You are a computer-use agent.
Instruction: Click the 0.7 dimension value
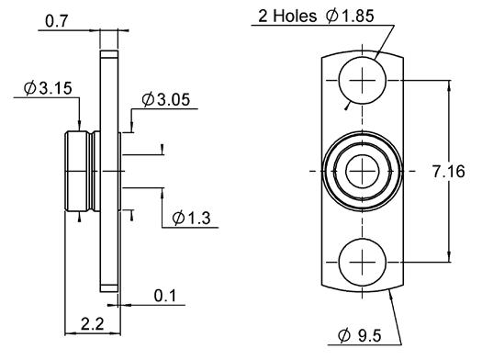click(56, 21)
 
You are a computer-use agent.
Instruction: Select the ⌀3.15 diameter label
click(48, 88)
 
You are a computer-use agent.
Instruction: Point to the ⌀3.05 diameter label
click(166, 99)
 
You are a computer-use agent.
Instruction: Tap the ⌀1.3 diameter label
click(192, 218)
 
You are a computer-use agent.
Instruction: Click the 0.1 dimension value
click(165, 296)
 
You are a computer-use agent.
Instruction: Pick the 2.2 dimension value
click(93, 323)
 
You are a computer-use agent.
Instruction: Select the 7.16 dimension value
click(449, 172)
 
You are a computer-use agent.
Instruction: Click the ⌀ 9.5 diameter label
click(360, 335)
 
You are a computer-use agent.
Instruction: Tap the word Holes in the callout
click(295, 16)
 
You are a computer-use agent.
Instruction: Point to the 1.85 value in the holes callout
click(357, 16)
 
